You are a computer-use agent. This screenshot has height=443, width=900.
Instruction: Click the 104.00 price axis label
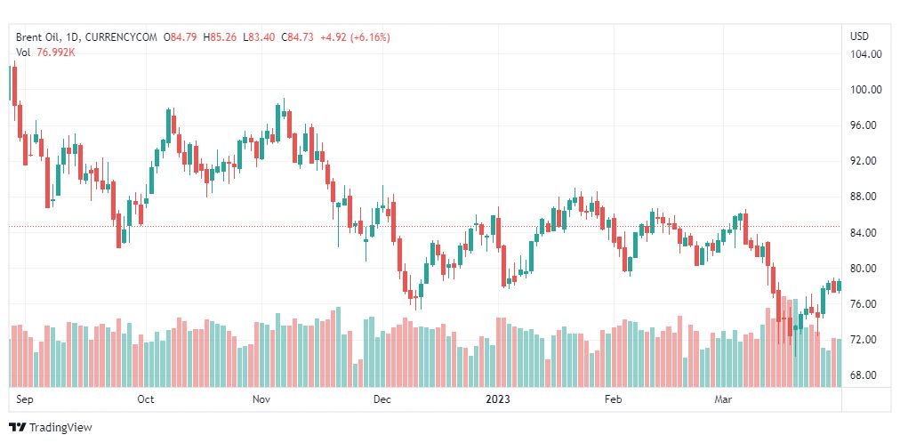pos(865,54)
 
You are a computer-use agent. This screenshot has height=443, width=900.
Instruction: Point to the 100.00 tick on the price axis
pos(865,90)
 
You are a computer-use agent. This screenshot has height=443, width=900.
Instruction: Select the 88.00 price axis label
pos(865,197)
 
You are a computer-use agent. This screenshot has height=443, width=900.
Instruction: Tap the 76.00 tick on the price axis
pos(865,304)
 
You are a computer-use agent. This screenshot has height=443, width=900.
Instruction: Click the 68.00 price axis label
pos(865,375)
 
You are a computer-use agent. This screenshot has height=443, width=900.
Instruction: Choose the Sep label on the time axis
pos(24,399)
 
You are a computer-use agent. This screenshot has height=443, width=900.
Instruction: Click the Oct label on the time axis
pos(146,399)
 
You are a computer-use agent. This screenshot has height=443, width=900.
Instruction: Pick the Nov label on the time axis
pos(261,399)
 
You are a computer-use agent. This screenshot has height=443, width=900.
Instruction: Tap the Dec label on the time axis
pos(382,399)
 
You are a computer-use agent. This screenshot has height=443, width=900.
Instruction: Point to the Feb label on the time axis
pos(613,399)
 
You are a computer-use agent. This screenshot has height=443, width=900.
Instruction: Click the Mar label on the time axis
pos(723,399)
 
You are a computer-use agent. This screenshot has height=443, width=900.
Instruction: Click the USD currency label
pos(859,36)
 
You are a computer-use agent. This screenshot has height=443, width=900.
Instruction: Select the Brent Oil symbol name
pos(39,37)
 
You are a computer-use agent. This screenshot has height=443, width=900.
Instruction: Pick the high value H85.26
pos(221,37)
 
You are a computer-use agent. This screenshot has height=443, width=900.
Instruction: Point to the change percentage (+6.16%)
pos(369,37)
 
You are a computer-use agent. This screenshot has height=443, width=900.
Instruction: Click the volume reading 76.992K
pos(55,52)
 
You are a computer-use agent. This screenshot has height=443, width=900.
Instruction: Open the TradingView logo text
pos(60,428)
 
